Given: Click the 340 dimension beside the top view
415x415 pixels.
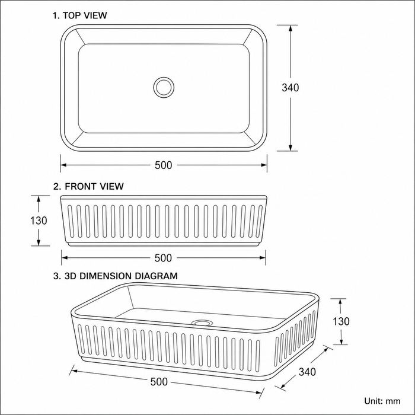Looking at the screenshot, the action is [290, 88].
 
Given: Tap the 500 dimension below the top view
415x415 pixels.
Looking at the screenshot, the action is [163, 165].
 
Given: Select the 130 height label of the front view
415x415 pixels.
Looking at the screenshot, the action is [39, 221].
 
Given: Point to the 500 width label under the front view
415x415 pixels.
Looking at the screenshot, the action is [163, 258].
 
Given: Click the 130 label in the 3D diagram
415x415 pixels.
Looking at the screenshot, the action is [341, 321].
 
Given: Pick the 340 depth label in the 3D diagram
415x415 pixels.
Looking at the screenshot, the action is [307, 372].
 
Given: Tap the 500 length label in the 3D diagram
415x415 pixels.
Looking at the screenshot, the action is [159, 382].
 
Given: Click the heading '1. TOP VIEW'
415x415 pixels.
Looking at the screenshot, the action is [80, 15].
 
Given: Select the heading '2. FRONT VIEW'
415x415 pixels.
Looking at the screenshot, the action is [88, 186].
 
